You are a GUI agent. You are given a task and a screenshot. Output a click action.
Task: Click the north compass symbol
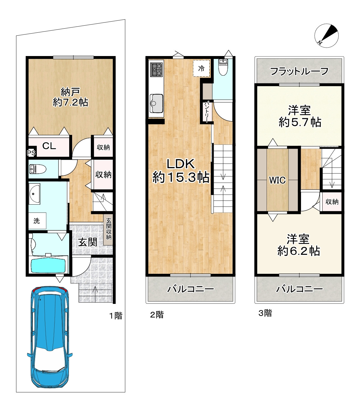pyautogui.click(x=326, y=36)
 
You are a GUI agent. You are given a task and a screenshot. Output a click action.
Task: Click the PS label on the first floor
pyautogui.click(x=31, y=153)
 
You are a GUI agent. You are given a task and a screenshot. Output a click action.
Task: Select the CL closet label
pyautogui.click(x=49, y=146)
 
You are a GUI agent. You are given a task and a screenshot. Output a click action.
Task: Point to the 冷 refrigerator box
pyautogui.click(x=201, y=68)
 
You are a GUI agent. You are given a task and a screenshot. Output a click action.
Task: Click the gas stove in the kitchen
pyautogui.click(x=156, y=69)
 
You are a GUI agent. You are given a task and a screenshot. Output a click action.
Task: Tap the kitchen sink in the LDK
pyautogui.click(x=156, y=104)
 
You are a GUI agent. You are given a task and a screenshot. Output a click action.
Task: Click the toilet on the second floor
pyautogui.click(x=223, y=67)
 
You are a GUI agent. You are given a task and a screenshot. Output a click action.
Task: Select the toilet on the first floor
pyautogui.click(x=38, y=169)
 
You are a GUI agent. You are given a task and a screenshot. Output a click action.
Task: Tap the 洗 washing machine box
pyautogui.click(x=37, y=221)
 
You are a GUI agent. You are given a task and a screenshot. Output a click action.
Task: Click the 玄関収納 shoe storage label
pyautogui.click(x=109, y=229)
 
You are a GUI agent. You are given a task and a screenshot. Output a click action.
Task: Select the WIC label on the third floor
pyautogui.click(x=277, y=180)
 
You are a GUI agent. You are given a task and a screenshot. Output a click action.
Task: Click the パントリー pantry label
pyautogui.click(x=206, y=112)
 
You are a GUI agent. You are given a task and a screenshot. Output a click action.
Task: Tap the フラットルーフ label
pyautogui.click(x=299, y=71)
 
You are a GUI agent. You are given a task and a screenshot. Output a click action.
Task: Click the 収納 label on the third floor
pyautogui.click(x=332, y=202)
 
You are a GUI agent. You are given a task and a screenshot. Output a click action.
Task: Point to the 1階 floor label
pyautogui.click(x=116, y=316)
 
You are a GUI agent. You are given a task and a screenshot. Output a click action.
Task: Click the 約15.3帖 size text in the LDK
pyautogui.click(x=181, y=177)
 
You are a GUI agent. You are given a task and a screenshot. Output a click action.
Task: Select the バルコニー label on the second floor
pyautogui.click(x=191, y=289)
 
